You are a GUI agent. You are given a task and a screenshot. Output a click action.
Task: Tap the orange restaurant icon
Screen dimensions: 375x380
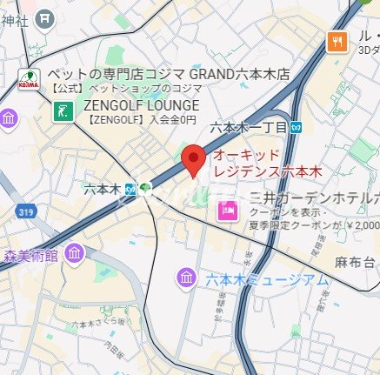tap(336, 40)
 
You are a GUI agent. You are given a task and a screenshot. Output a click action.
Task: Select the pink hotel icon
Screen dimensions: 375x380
tap(228, 210)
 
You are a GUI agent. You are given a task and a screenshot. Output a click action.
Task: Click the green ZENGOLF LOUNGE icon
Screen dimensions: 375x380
tap(64, 110)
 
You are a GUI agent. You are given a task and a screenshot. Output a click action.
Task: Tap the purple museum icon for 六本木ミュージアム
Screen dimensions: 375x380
tap(186, 278)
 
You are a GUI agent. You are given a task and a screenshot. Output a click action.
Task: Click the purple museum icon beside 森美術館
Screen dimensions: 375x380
tap(75, 254)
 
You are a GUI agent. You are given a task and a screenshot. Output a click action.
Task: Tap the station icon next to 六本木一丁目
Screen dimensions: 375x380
tap(297, 127)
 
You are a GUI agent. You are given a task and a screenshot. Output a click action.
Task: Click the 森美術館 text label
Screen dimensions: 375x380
tap(30, 255)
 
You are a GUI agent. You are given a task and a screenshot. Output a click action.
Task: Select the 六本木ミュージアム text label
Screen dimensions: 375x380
tap(267, 279)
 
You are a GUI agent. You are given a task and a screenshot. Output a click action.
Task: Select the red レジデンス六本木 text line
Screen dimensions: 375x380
tap(269, 171)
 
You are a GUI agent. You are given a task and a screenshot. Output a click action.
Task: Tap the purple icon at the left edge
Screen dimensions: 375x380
tap(9, 118)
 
